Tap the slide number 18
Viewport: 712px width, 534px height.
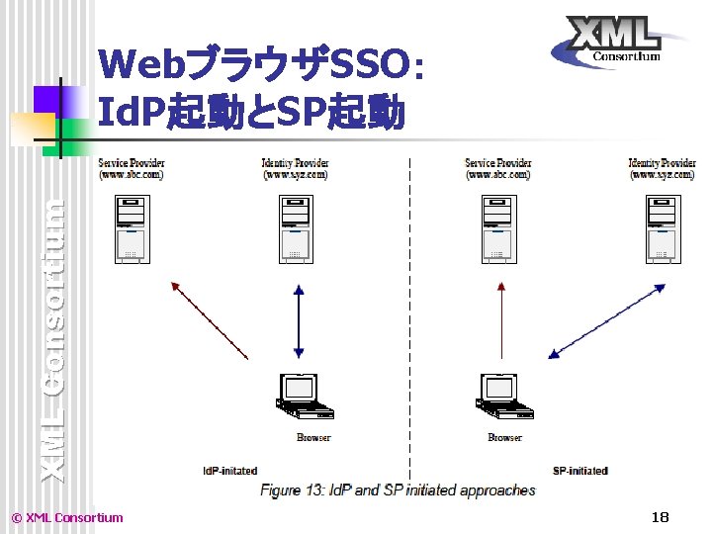[661, 516]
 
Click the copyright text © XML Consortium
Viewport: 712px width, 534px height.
[66, 517]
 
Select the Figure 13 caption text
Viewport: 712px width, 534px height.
[398, 489]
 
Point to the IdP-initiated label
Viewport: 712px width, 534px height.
[229, 471]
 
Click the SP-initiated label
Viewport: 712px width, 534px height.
[579, 471]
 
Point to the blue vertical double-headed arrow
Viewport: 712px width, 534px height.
[299, 321]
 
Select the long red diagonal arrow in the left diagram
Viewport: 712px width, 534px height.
[209, 319]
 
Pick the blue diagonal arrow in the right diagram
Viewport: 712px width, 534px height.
[607, 318]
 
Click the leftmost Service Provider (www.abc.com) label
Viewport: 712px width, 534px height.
[131, 168]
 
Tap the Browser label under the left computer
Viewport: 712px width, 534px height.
[313, 437]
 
